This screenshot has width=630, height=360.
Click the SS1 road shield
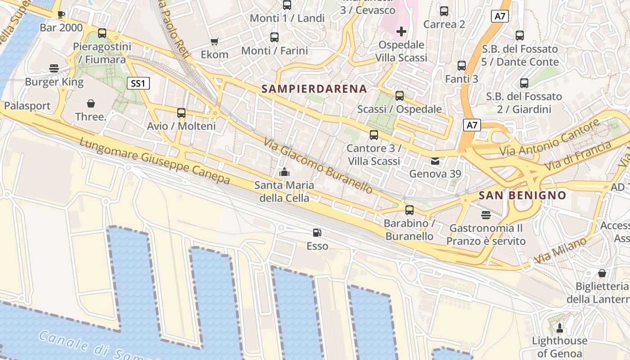pyautogui.click(x=138, y=83)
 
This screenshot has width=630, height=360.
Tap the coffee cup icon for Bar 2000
pyautogui.click(x=61, y=14)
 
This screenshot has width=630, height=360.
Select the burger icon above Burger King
pyautogui.click(x=54, y=68)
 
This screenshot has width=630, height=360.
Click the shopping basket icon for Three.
pyautogui.click(x=91, y=103)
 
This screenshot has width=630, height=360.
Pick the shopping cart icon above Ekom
pyautogui.click(x=215, y=42)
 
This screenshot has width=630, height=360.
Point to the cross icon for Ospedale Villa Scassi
pyautogui.click(x=401, y=31)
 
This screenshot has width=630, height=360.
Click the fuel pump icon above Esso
pyautogui.click(x=317, y=233)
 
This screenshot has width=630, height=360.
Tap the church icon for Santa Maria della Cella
pyautogui.click(x=284, y=172)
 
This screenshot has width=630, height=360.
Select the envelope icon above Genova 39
pyautogui.click(x=435, y=161)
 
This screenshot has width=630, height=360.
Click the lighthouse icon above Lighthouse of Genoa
pyautogui.click(x=560, y=327)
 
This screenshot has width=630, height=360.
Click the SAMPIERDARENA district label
pyautogui.click(x=314, y=89)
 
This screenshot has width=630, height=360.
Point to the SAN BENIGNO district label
pyautogui.click(x=522, y=195)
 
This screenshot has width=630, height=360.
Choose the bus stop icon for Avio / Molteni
pyautogui.click(x=181, y=113)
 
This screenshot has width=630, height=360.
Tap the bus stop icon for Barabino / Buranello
pyautogui.click(x=409, y=210)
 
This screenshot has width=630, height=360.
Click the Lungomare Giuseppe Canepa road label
pyautogui.click(x=155, y=162)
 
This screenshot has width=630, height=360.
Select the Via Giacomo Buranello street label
pyautogui.click(x=318, y=166)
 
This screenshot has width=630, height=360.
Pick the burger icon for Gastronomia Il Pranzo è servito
pyautogui.click(x=486, y=215)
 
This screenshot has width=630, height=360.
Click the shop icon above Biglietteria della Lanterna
pyautogui.click(x=602, y=273)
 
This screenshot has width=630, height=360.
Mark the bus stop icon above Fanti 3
pyautogui.click(x=462, y=66)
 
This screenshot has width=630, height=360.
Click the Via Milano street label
pyautogui.click(x=561, y=251)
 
